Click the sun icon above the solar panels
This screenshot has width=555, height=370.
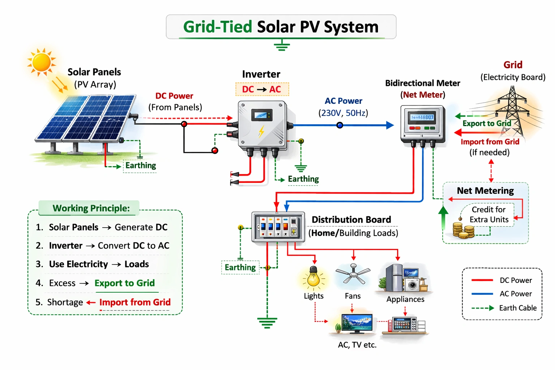(x=41, y=61)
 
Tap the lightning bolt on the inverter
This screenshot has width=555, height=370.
(x=261, y=131)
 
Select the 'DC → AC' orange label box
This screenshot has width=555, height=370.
(x=262, y=89)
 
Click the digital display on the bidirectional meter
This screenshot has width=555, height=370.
(x=422, y=117)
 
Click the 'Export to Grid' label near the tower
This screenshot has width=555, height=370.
(x=486, y=124)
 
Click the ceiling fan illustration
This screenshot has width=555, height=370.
(x=353, y=275)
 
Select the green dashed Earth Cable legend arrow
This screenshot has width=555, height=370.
(x=483, y=308)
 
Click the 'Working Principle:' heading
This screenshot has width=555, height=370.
(x=91, y=208)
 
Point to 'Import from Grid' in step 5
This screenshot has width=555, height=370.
(x=135, y=302)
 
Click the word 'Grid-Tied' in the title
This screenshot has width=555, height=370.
(x=218, y=27)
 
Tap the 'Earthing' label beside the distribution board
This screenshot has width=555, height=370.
(x=240, y=267)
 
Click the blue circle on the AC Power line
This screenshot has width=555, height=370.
(x=340, y=125)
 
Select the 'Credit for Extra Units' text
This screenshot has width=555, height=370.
(x=489, y=215)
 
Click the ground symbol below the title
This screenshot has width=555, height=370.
(x=281, y=46)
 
